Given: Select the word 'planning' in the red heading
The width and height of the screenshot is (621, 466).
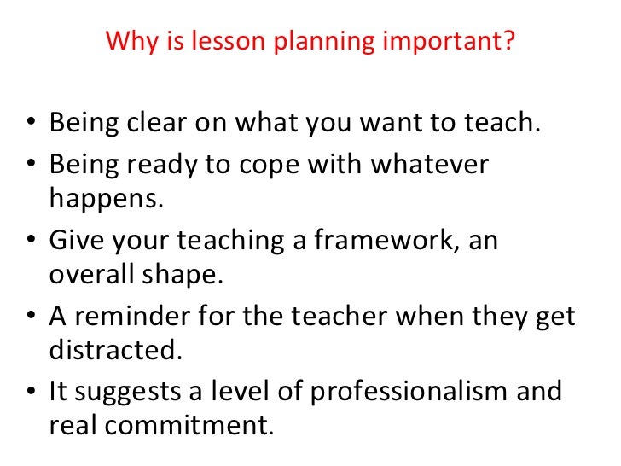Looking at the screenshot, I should click(284, 42).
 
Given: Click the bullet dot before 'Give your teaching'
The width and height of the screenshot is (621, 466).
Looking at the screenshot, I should click(32, 242).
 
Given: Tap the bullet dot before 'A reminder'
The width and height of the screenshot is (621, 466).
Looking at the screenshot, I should click(32, 318).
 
